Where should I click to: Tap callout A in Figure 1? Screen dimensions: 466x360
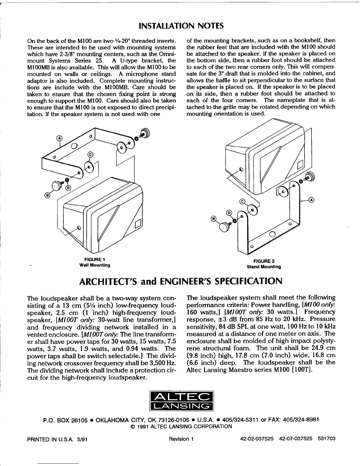pyautogui.click(x=59, y=138)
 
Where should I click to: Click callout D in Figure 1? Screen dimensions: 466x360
pyautogui.click(x=68, y=188)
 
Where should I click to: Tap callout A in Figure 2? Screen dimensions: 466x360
pyautogui.click(x=312, y=200)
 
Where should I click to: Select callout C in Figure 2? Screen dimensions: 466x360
pyautogui.click(x=242, y=202)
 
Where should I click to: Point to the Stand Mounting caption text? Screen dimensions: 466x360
pyautogui.click(x=264, y=267)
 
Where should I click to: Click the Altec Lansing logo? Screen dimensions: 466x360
pyautogui.click(x=181, y=401)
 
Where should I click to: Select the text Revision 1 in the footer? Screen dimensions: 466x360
pyautogui.click(x=181, y=439)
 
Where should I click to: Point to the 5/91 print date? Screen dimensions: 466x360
pyautogui.click(x=82, y=439)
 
